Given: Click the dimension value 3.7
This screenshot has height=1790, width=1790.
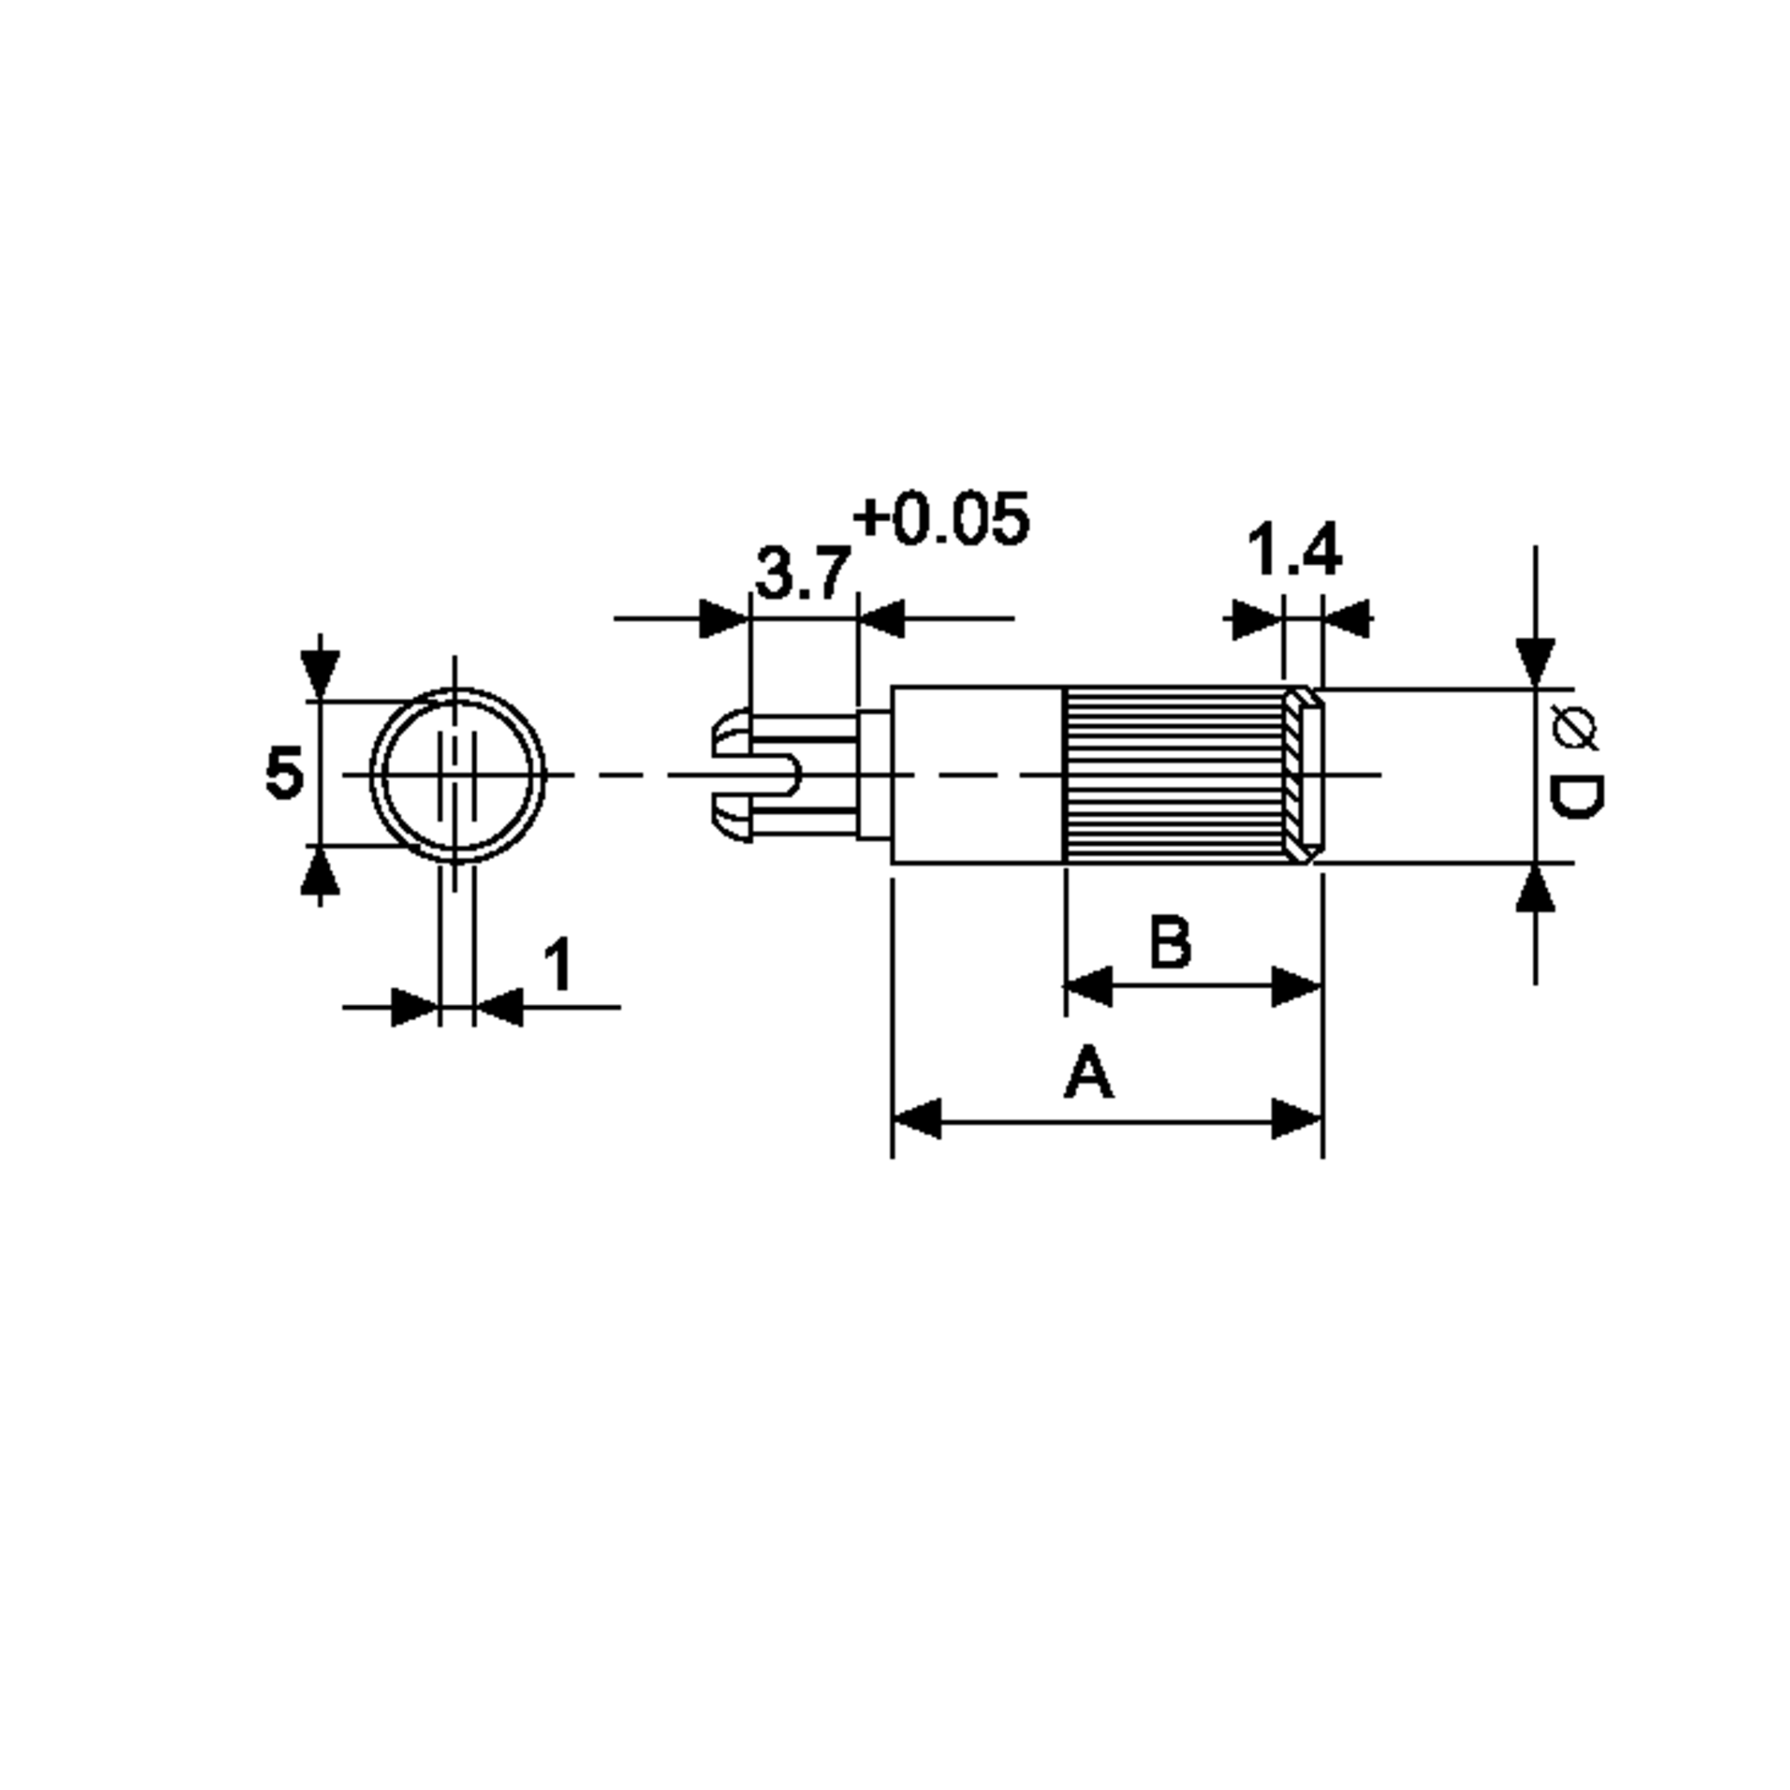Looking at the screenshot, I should pyautogui.click(x=803, y=574).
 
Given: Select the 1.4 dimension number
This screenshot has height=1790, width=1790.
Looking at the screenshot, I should pyautogui.click(x=1293, y=550).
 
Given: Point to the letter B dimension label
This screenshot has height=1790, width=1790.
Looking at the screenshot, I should pyautogui.click(x=1170, y=942).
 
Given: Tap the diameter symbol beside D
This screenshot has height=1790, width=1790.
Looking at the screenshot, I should pyautogui.click(x=1574, y=727).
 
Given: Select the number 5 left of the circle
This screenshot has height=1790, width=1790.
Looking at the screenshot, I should pyautogui.click(x=283, y=773).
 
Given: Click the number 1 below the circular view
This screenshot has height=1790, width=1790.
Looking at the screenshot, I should pyautogui.click(x=558, y=964).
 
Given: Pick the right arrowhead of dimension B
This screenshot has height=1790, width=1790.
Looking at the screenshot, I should pyautogui.click(x=1296, y=987).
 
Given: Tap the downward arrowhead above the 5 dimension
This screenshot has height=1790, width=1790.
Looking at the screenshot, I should pyautogui.click(x=320, y=673).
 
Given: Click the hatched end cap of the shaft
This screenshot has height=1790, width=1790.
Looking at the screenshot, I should pyautogui.click(x=1301, y=775).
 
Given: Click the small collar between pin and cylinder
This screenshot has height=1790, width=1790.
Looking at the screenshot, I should pyautogui.click(x=873, y=775).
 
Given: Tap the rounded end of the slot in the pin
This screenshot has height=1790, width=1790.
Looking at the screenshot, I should pyautogui.click(x=789, y=775).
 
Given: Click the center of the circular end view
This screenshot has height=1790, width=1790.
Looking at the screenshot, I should pyautogui.click(x=456, y=775).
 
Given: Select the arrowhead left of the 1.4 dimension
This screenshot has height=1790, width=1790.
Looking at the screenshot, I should pyautogui.click(x=1256, y=619).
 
